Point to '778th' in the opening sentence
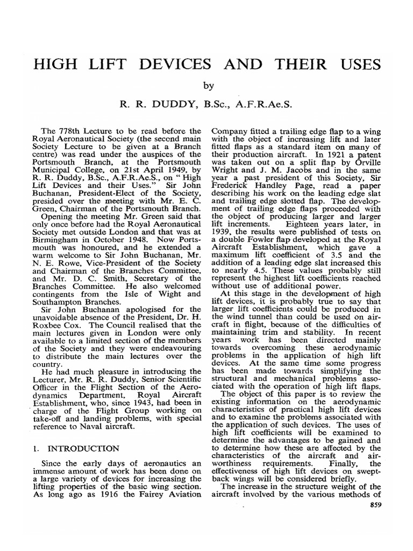click(x=75, y=130)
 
